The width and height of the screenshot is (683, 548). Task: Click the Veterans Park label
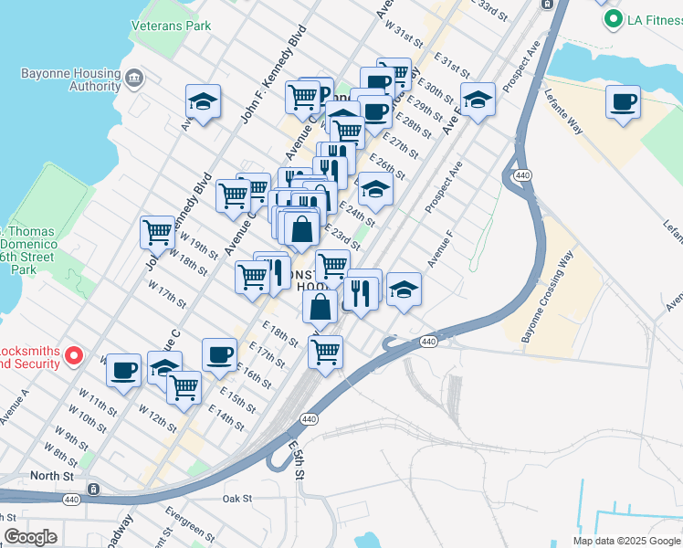tap(172, 26)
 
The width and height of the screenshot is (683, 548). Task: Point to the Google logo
tap(30, 537)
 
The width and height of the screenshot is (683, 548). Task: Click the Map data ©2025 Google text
tap(625, 541)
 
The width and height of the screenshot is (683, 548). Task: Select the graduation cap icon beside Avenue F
tap(404, 290)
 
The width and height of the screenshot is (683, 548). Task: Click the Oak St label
tap(236, 499)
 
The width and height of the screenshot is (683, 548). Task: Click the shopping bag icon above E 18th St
tap(320, 308)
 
